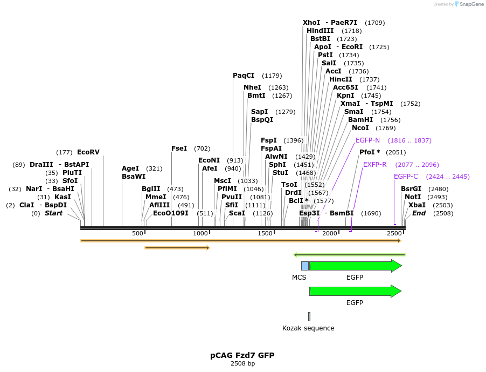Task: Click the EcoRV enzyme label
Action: [88, 152]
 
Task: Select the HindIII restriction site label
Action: [320, 31]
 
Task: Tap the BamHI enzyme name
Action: [360, 120]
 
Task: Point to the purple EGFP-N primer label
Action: [367, 140]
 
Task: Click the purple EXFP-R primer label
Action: [374, 165]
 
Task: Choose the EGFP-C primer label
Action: [406, 177]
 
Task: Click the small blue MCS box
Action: [305, 266]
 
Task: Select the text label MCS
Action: [299, 278]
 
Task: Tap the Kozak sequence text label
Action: [308, 328]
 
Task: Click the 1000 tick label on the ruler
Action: [200, 233]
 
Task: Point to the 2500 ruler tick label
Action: [394, 233]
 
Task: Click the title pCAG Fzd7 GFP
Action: [242, 355]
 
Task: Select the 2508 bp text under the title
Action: [242, 363]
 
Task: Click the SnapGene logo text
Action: [471, 4]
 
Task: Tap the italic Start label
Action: [53, 213]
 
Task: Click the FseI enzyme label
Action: [179, 148]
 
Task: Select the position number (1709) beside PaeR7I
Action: [374, 23]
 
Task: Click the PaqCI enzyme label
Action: [244, 76]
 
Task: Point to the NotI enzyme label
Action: [413, 197]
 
